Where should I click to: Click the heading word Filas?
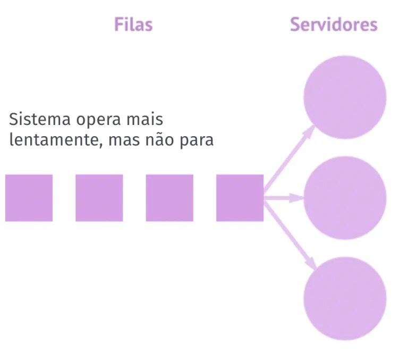point(133,24)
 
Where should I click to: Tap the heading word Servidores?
point(334,24)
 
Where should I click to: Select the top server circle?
point(345,97)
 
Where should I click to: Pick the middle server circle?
point(345,198)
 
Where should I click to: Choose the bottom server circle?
point(345,298)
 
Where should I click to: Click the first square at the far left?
point(29,198)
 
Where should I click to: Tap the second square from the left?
point(99,198)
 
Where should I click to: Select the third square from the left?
point(169,198)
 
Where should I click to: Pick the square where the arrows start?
point(240,198)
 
